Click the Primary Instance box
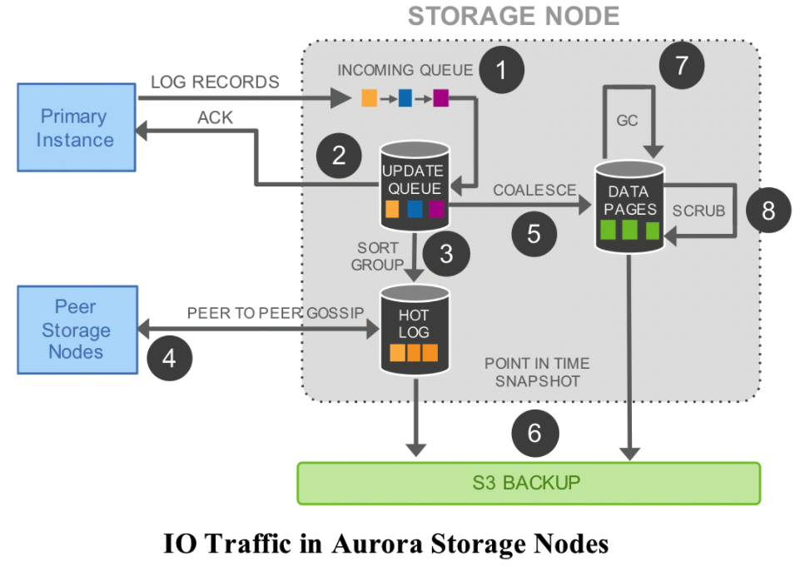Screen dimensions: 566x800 click(75, 127)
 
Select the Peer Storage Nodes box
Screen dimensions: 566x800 click(75, 330)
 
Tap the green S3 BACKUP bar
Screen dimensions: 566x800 click(529, 483)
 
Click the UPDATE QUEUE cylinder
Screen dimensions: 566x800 click(413, 187)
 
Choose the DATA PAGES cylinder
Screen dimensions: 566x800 click(628, 207)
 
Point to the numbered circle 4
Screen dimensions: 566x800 click(170, 358)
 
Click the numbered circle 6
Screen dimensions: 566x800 click(534, 433)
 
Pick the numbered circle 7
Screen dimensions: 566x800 click(682, 65)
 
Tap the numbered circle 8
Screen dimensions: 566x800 click(768, 211)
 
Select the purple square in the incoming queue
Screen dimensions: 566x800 click(440, 99)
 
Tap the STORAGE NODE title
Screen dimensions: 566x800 click(514, 16)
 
